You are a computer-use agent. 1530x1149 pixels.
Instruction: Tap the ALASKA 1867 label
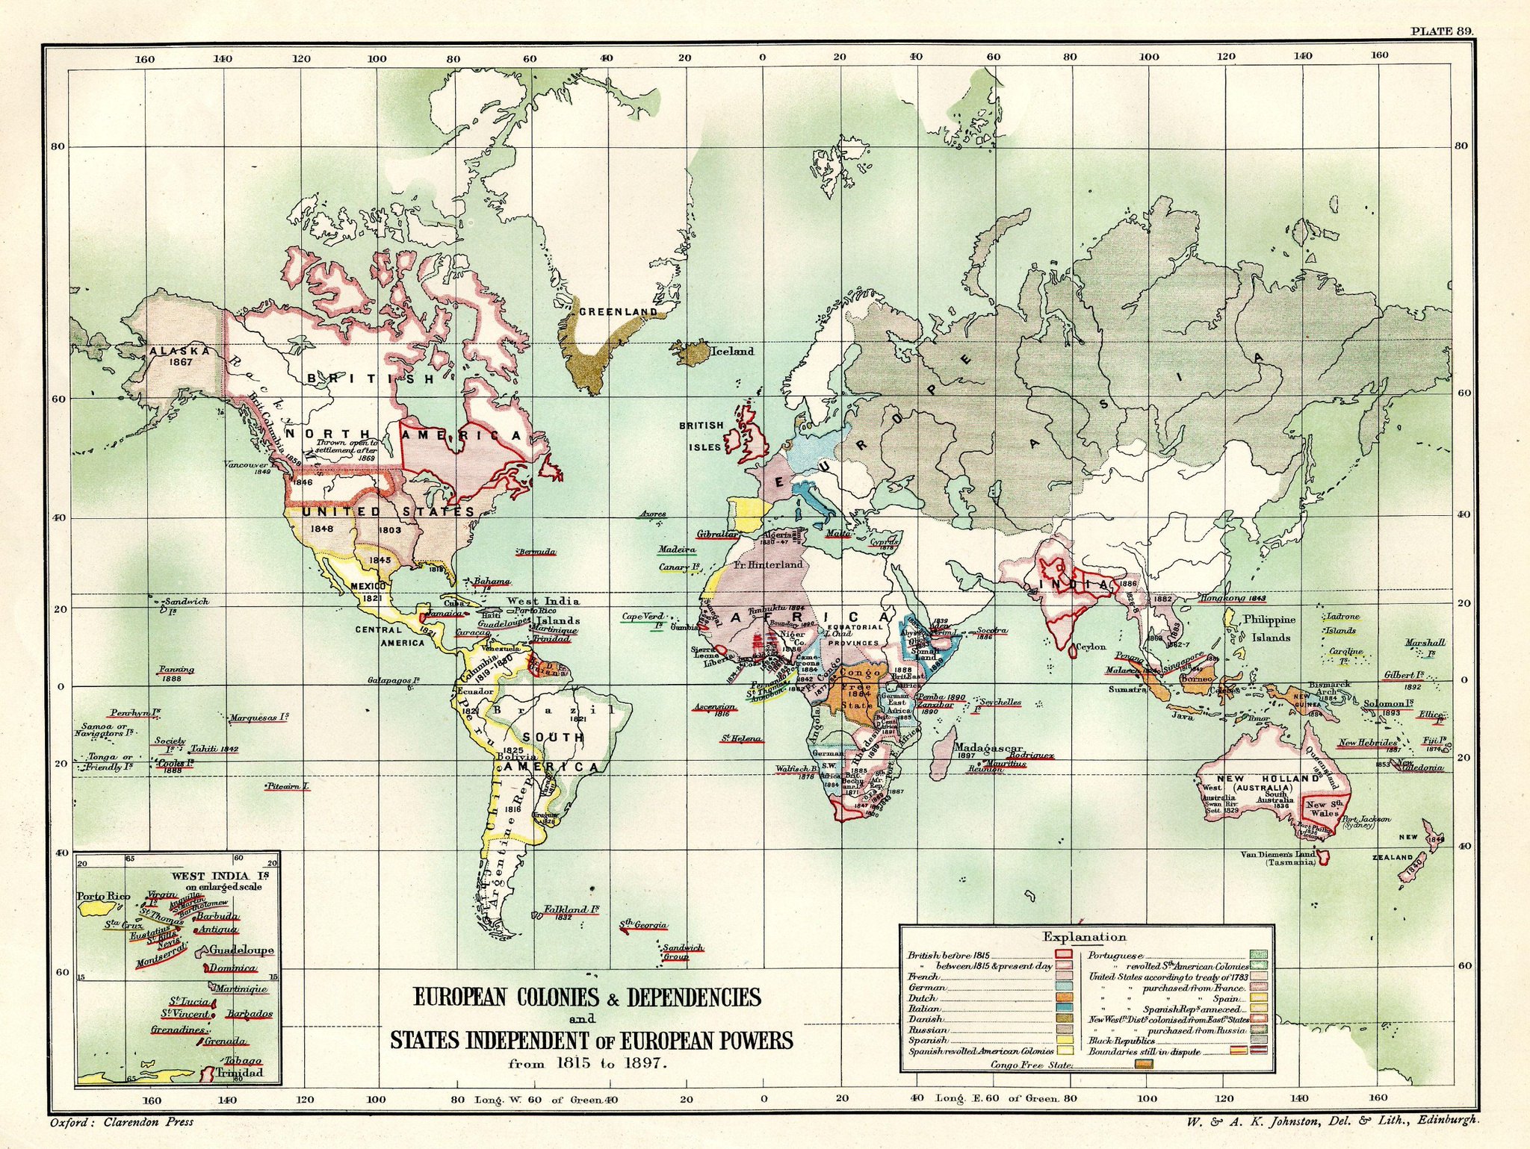coord(173,355)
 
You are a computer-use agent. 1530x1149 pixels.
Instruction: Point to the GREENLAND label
coord(618,311)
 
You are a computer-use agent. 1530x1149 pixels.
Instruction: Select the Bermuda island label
coord(537,552)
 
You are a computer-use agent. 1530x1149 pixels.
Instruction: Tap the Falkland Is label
coord(572,910)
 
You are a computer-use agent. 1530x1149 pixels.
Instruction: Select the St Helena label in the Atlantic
coord(741,739)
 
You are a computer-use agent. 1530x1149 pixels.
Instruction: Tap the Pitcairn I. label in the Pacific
coord(288,786)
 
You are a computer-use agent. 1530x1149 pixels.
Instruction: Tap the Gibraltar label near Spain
coord(716,535)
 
